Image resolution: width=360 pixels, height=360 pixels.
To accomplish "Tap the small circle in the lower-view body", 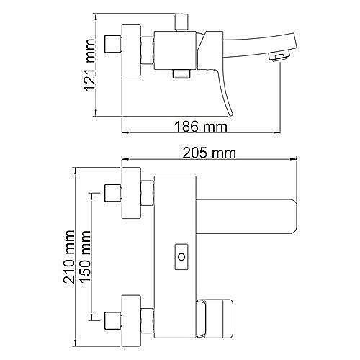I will pos(181,255).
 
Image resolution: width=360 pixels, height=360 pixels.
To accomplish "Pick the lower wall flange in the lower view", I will pos(130,318).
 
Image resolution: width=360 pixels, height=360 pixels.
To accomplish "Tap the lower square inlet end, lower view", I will pos(112,318).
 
